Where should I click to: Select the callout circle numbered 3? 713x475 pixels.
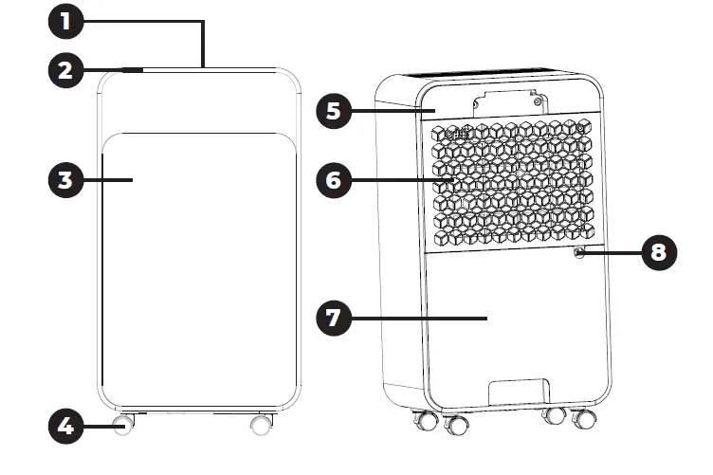pos(66,179)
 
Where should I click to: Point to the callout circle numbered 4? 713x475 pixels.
pos(66,427)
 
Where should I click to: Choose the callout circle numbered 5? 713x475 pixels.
pos(332,110)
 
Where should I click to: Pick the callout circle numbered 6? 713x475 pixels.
pos(332,179)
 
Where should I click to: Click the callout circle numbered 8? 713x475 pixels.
pos(660,252)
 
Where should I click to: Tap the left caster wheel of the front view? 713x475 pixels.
pos(122,425)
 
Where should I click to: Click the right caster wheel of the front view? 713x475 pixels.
pos(261,425)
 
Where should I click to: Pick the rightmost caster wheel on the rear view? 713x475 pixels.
pos(585,419)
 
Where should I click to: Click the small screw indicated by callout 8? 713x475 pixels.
pos(577,251)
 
